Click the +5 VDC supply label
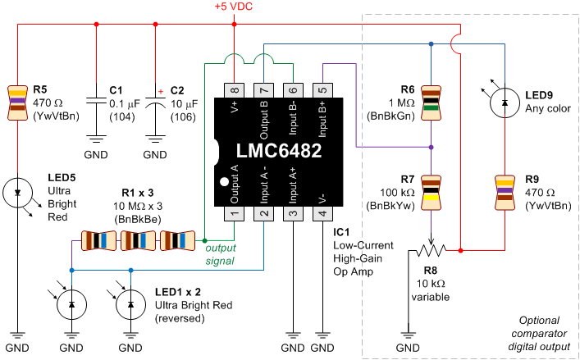pyautogui.click(x=235, y=7)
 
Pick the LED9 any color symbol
pyautogui.click(x=501, y=102)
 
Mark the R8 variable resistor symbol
pyautogui.click(x=431, y=249)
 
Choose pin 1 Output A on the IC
pyautogui.click(x=234, y=212)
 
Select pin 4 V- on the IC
pyautogui.click(x=322, y=212)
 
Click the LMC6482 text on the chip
pyautogui.click(x=278, y=152)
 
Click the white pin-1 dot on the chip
pyautogui.click(x=222, y=181)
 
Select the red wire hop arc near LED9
pyautogui.click(x=457, y=45)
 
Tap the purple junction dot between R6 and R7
pyautogui.click(x=432, y=148)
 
